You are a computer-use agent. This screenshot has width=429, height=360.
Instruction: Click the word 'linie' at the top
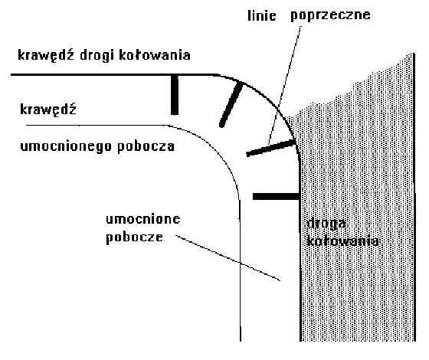point(261,15)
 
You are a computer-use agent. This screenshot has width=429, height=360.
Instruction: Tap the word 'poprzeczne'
point(330,15)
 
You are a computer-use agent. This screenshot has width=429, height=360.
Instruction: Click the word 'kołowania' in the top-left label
point(154,55)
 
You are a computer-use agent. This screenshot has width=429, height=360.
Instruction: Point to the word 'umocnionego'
point(66,146)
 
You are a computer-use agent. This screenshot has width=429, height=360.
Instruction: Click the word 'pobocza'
point(146,146)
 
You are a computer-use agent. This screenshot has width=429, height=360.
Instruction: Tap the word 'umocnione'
point(142,219)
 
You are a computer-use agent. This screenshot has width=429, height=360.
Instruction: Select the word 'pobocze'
point(134,237)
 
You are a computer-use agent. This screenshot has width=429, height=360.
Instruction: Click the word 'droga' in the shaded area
point(326,224)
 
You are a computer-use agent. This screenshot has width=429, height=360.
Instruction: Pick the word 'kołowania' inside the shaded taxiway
point(343,241)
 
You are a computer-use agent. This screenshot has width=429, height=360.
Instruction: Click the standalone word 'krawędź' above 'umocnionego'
point(47,110)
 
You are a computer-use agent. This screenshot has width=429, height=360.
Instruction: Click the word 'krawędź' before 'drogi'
point(46,54)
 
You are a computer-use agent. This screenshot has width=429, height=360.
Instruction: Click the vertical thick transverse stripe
point(175,95)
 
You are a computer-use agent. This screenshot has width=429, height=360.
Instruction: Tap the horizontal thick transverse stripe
point(276,196)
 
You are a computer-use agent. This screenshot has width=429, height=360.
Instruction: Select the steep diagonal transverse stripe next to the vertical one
point(231,104)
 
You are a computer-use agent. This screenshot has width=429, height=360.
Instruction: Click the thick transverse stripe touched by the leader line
point(270,148)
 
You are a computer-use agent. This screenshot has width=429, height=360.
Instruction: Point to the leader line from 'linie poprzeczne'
point(284,85)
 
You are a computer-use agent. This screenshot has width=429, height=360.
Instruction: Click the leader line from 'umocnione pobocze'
point(228,257)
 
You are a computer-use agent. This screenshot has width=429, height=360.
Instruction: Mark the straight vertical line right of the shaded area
point(414,197)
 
